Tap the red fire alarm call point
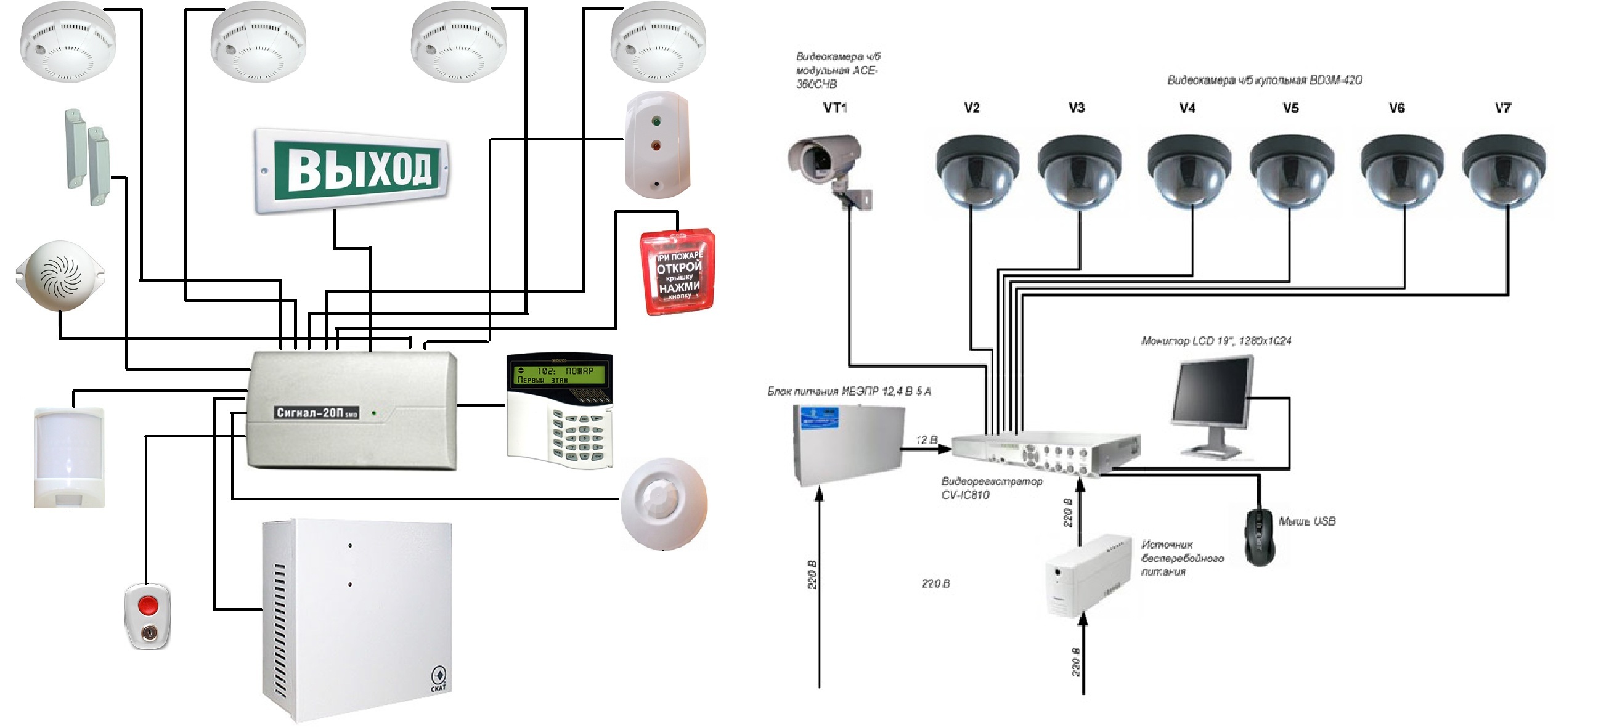tap(677, 274)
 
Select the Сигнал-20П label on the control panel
tap(316, 413)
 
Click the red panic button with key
tap(147, 615)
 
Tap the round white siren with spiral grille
tap(60, 275)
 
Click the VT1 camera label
tap(834, 108)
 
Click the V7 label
tap(1502, 108)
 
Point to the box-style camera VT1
tap(826, 164)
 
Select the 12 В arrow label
tap(926, 440)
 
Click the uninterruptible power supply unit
tap(1087, 575)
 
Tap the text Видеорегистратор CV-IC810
tap(991, 488)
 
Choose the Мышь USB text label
tap(1306, 521)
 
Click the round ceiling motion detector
tap(664, 504)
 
